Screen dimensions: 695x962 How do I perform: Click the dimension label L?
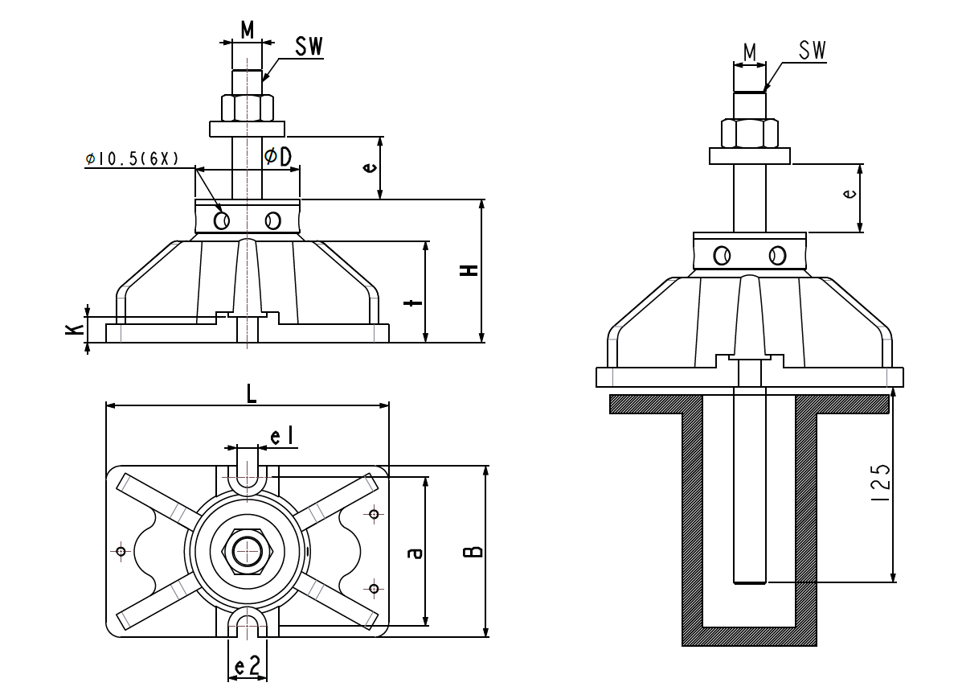(252, 393)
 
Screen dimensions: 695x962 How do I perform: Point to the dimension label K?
(74, 328)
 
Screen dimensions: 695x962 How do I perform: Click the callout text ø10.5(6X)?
(133, 158)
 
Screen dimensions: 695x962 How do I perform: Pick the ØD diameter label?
(278, 156)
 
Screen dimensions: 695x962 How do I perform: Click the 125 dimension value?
(880, 483)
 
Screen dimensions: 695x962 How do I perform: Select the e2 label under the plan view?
(248, 666)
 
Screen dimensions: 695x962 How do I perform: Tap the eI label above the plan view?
(283, 437)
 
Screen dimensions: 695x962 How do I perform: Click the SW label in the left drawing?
(309, 47)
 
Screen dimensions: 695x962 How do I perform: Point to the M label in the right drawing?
(750, 53)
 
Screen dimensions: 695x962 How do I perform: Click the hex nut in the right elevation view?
(749, 133)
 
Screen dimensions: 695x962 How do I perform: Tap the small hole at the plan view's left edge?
(121, 551)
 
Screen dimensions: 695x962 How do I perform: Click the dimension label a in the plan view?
(414, 553)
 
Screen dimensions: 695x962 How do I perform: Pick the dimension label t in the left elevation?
(413, 302)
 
